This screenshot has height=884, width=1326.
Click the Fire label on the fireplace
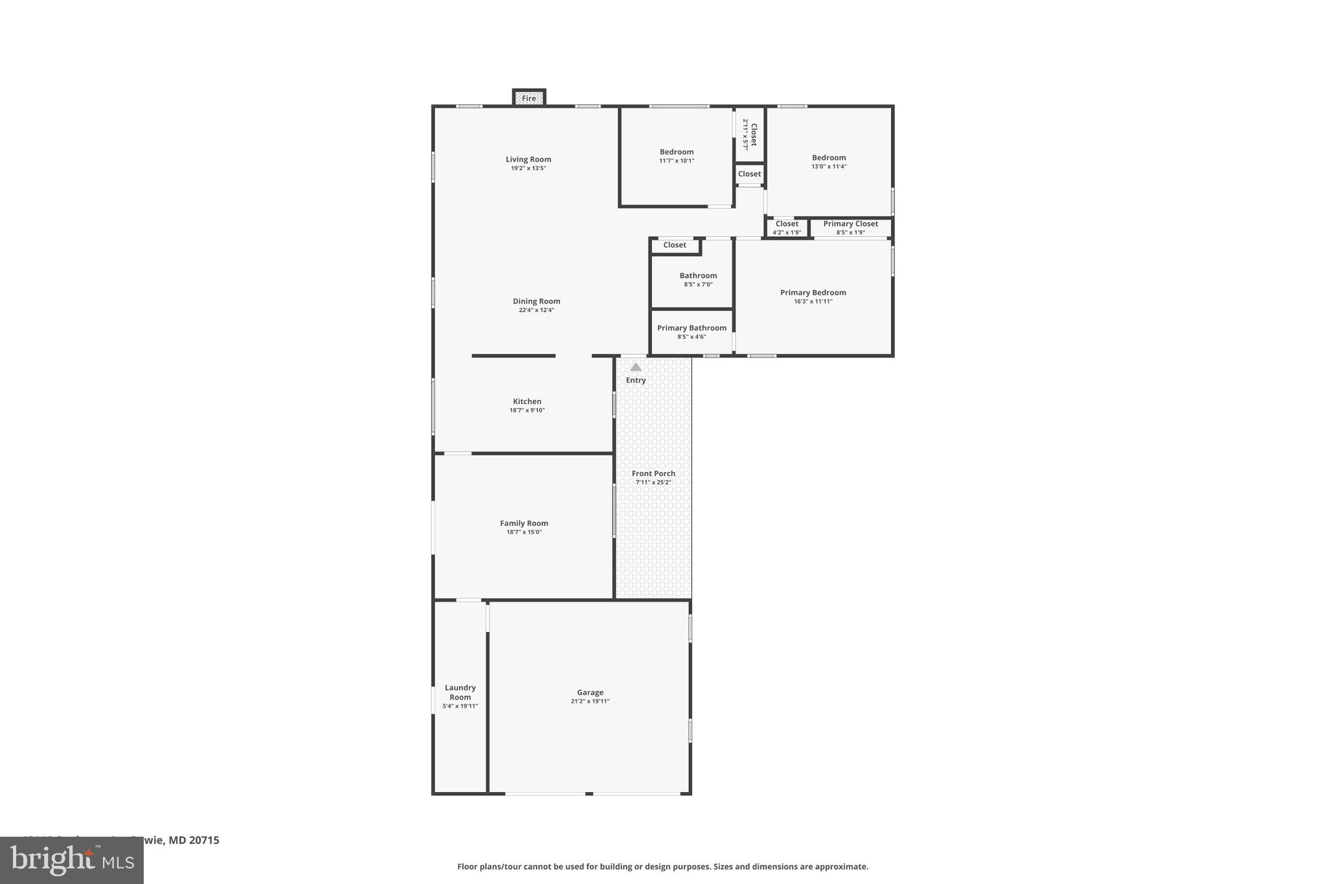pos(529,98)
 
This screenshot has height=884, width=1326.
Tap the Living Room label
pos(528,159)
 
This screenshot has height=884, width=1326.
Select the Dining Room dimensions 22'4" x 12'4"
pos(536,310)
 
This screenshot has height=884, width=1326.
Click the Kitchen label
pos(527,402)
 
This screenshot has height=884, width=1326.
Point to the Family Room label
pos(524,523)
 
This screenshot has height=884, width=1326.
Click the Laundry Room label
pos(460,692)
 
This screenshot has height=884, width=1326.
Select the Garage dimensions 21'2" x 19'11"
pos(590,701)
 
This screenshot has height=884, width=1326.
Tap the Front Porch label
pos(653,473)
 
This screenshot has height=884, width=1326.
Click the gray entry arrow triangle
pos(636,367)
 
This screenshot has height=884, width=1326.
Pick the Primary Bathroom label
pos(691,328)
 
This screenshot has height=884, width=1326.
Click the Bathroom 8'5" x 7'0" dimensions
pos(698,284)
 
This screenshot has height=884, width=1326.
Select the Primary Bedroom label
pos(813,293)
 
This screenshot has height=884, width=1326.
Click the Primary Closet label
pos(850,224)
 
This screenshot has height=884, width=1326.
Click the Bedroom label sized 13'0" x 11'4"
pos(829,157)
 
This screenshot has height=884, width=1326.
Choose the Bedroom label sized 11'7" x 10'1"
pos(677,152)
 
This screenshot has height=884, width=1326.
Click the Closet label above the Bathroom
pos(675,245)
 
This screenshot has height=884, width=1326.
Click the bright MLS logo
pos(72,861)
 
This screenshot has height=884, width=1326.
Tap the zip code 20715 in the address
pos(204,840)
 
